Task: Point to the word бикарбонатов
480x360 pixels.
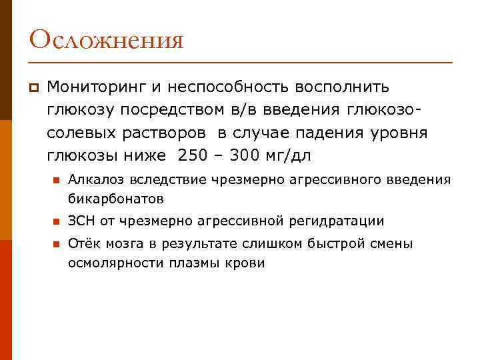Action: click(x=115, y=198)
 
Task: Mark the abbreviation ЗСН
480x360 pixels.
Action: click(x=80, y=221)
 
